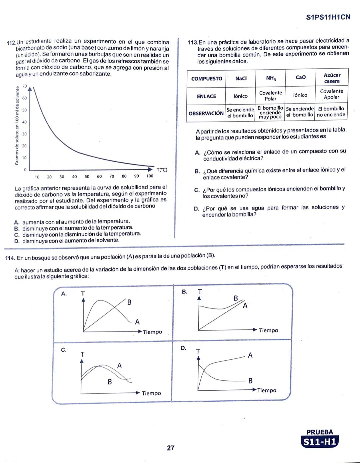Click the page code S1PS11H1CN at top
point(328,17)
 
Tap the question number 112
point(11,43)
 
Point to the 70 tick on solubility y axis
point(24,86)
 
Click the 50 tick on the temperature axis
point(87,177)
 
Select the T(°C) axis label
point(162,170)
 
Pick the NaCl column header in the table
point(241,79)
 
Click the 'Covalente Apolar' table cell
point(331,94)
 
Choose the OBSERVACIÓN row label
point(206,113)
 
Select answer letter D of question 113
point(196,209)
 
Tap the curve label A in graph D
point(250,355)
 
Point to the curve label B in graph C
point(110,382)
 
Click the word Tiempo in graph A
point(152,332)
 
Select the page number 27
point(170,448)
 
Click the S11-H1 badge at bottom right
point(319,442)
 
